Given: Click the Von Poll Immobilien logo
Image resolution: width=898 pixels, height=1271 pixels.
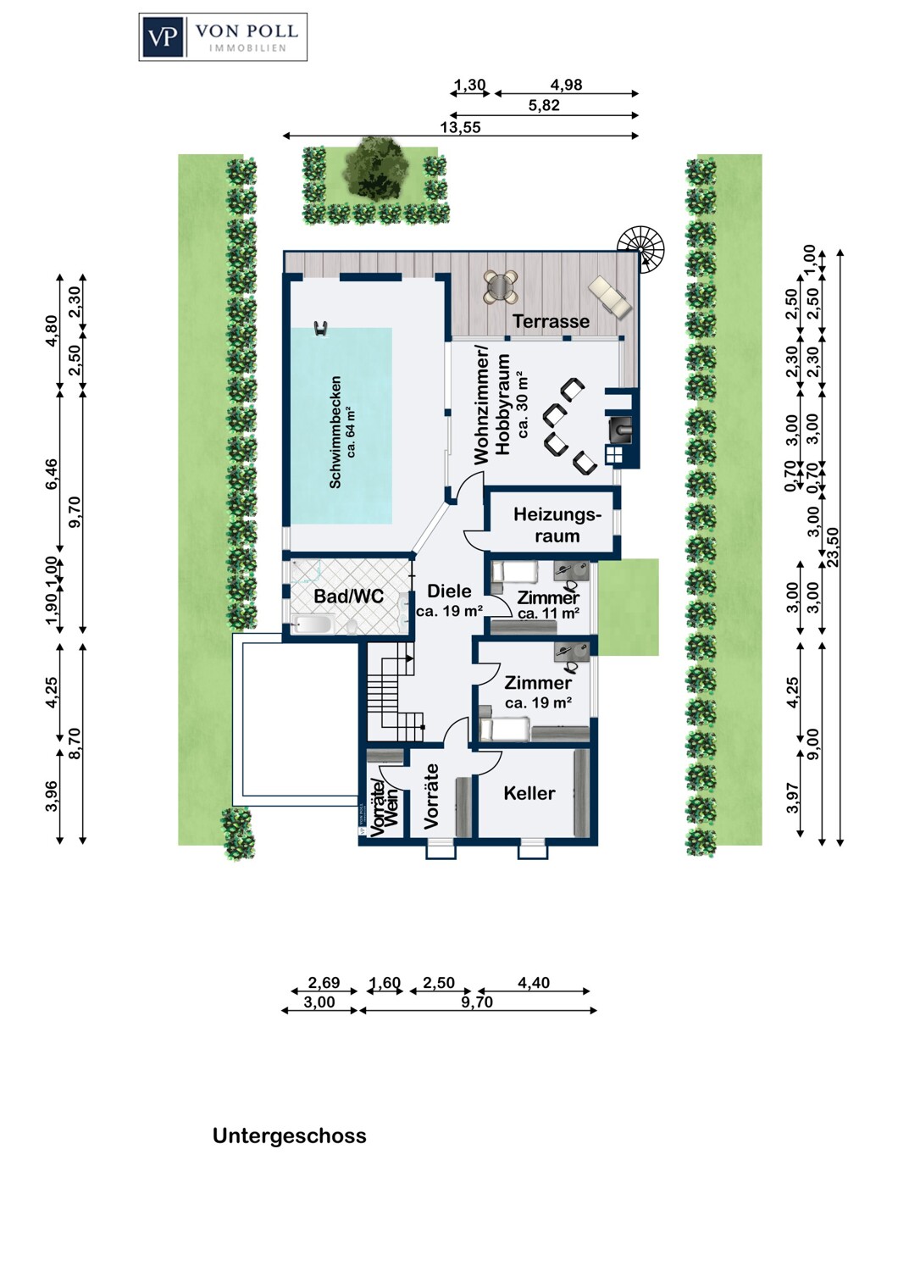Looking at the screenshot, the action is point(223,37).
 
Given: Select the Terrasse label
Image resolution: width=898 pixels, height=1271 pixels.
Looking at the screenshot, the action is point(552,321).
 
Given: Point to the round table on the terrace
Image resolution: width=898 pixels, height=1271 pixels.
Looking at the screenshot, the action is point(501,287).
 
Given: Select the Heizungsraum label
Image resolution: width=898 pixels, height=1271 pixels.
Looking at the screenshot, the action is point(557,525).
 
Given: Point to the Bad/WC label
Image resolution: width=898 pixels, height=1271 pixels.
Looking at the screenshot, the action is point(349,596).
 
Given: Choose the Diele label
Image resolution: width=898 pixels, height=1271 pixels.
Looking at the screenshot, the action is point(449,591).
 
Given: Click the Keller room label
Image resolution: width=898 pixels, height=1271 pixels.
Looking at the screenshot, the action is point(529,793).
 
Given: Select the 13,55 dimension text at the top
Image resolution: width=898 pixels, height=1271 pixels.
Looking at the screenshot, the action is point(460,127).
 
